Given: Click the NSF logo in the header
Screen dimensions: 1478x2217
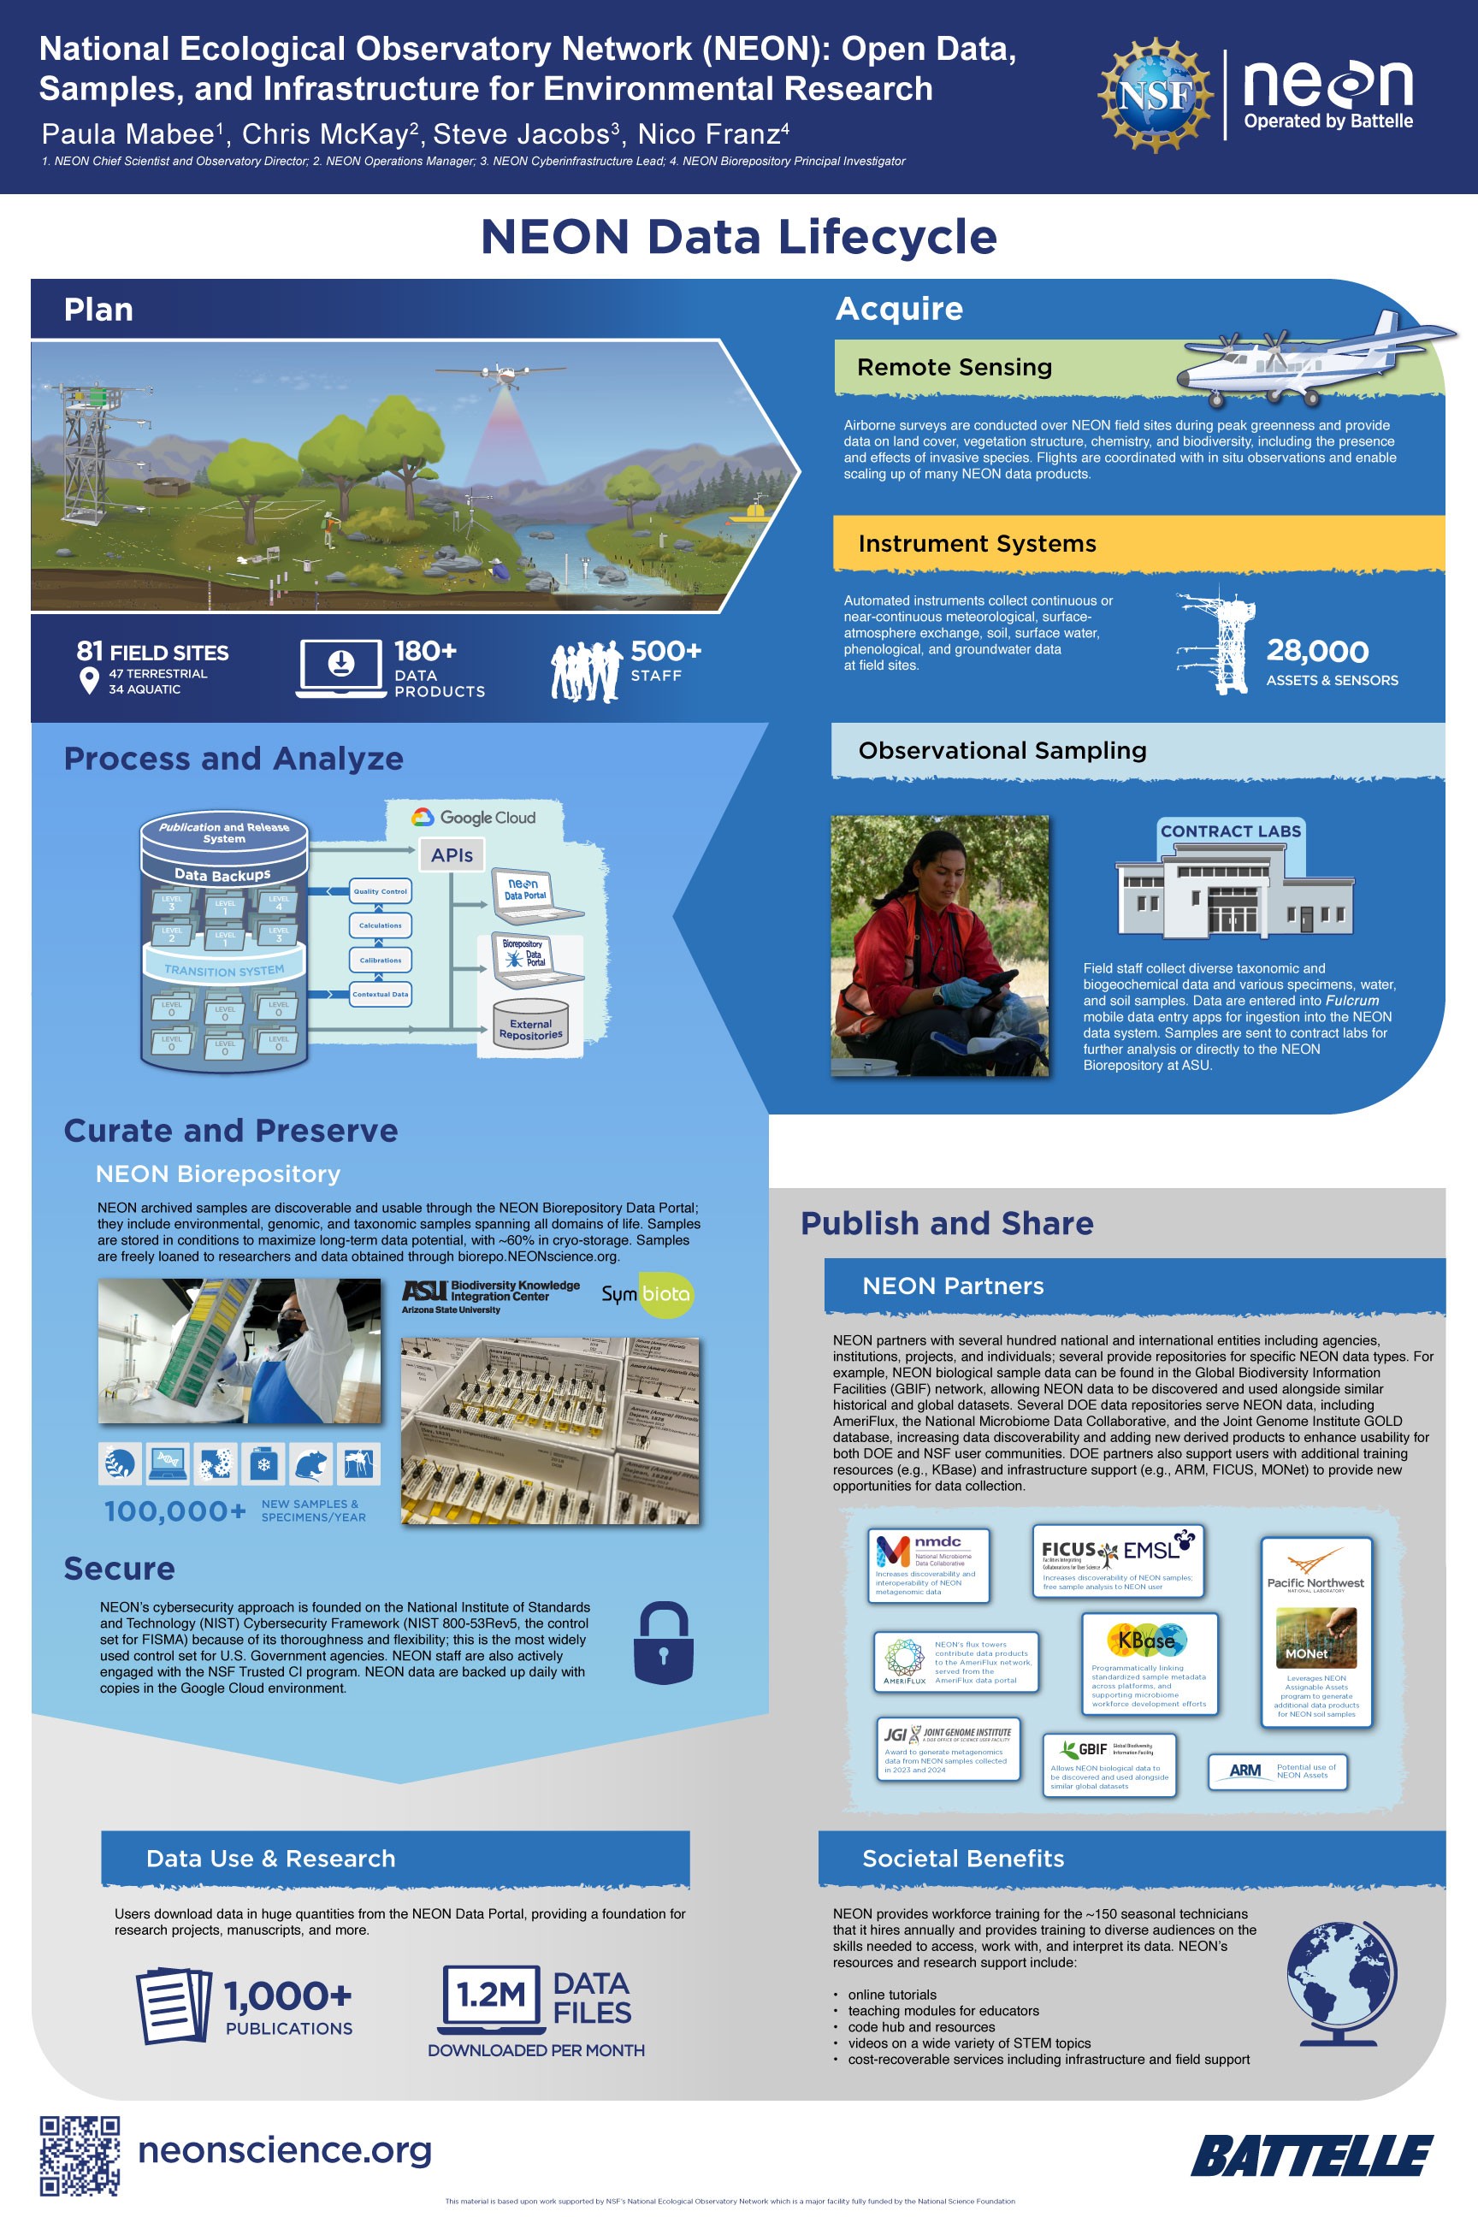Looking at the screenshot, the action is point(1156,95).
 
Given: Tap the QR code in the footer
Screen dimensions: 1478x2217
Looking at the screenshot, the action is point(80,2155).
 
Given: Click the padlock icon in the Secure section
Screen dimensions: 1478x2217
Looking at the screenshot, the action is point(663,1643).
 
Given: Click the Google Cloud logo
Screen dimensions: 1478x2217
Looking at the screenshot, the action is point(474,817).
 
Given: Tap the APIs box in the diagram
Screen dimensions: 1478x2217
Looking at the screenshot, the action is point(452,855).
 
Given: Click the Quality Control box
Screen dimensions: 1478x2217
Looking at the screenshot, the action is point(380,890).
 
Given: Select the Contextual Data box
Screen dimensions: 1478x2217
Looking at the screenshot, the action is point(380,995).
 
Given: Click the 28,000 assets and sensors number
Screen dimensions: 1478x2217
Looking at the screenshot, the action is point(1317,652).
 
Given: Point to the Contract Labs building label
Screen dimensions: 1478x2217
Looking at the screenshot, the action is point(1230,831).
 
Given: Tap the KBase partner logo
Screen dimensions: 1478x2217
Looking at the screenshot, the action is point(1146,1641).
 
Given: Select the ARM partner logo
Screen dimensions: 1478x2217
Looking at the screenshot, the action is point(1245,1771).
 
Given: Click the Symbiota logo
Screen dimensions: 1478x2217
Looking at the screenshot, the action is point(647,1294).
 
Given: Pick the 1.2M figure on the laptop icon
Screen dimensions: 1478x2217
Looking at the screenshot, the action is point(490,1995).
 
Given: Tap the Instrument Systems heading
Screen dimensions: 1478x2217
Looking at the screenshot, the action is point(977,544).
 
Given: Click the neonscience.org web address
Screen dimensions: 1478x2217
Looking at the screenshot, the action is point(285,2150).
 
